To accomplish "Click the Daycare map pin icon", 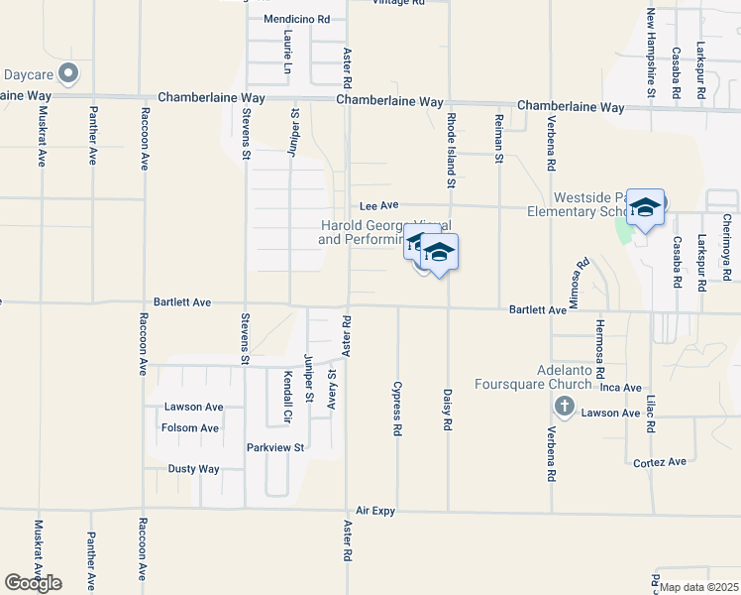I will (68, 73).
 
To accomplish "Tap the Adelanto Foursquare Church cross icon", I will (564, 406).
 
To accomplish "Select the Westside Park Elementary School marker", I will (645, 208).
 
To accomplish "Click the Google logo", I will (33, 583).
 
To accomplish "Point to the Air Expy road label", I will (375, 510).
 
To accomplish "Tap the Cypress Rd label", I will (397, 409).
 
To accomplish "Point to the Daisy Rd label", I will (448, 409).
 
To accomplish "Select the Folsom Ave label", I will (189, 428).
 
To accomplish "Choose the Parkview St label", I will (274, 447).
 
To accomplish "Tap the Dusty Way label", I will (193, 469).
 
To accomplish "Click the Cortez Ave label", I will (662, 462).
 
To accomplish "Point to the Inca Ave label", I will (622, 388).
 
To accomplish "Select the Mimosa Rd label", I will (583, 275).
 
